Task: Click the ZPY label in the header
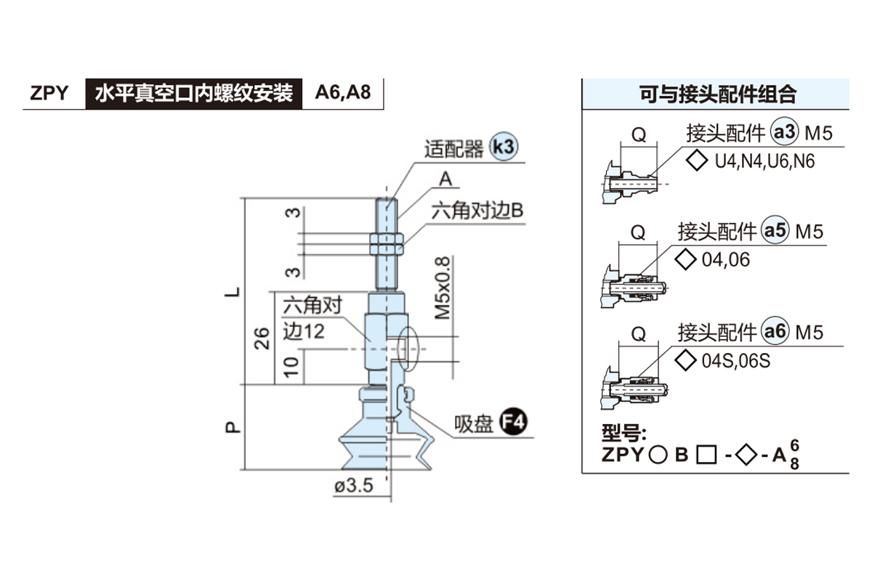[x=49, y=94]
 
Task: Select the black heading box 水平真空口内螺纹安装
[x=194, y=94]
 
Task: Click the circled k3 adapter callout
[x=503, y=147]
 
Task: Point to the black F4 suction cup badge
[x=515, y=422]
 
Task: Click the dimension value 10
[x=291, y=365]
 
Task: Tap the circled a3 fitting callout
[x=784, y=133]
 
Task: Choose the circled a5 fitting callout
[x=775, y=231]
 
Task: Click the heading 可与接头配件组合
[x=716, y=94]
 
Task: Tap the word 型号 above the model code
[x=624, y=434]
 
